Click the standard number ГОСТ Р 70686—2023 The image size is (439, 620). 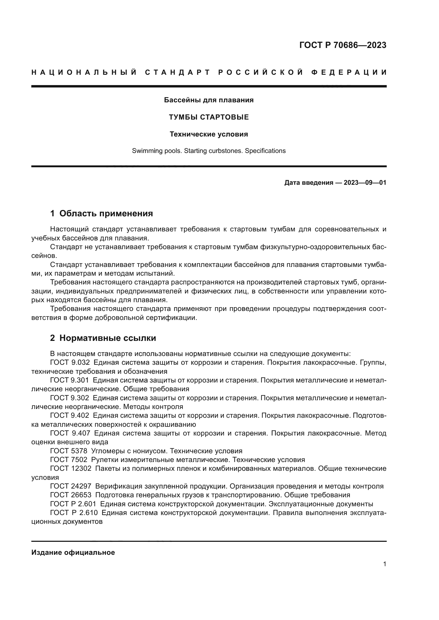(x=342, y=45)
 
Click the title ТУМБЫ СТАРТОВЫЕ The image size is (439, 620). (x=209, y=117)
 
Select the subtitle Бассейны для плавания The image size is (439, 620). (x=209, y=100)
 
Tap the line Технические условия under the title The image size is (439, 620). (x=209, y=134)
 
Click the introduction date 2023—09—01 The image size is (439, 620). (x=365, y=183)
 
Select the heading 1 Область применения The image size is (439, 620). (x=101, y=214)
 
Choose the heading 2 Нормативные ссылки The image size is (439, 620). (x=103, y=338)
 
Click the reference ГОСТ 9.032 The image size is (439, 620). (x=70, y=363)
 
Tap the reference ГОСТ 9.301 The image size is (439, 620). (x=70, y=380)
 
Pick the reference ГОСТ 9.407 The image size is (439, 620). (x=70, y=433)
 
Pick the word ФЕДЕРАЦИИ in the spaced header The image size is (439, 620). (x=349, y=72)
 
